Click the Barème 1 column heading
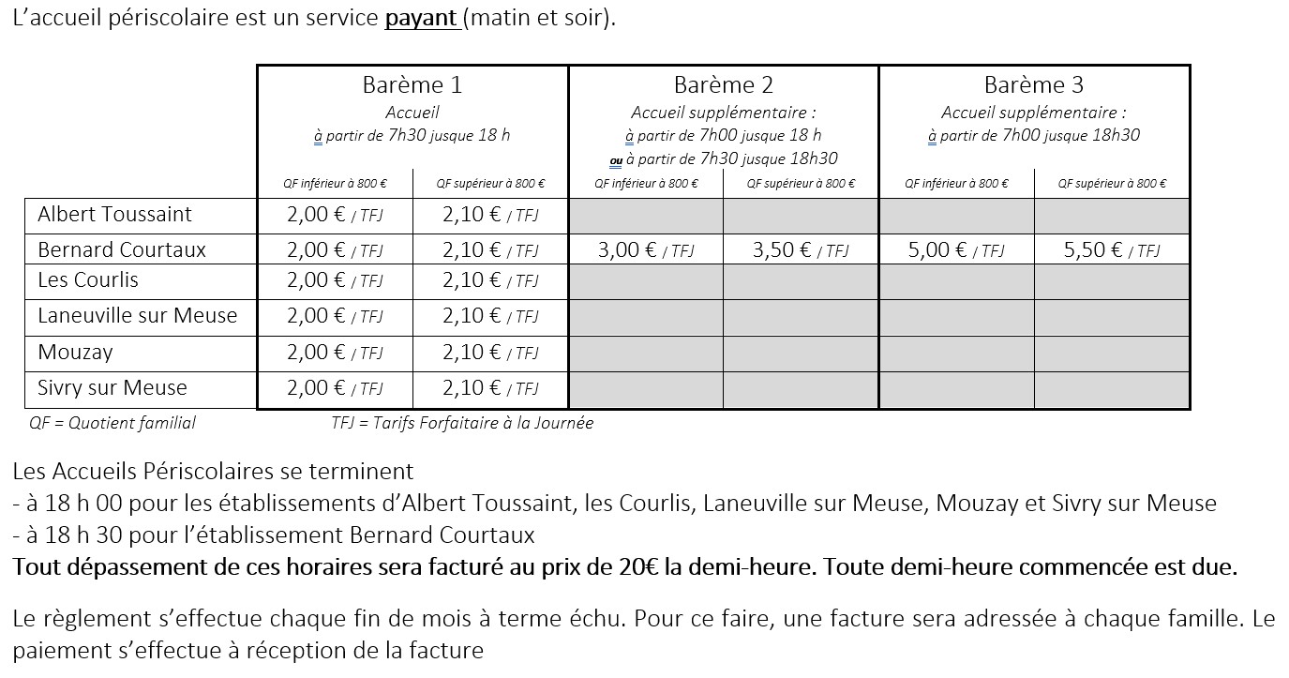click(412, 85)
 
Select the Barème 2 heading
click(723, 85)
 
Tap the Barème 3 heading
click(1033, 85)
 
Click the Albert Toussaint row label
click(114, 215)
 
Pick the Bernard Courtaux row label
click(122, 250)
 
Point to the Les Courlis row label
click(88, 280)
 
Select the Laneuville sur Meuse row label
click(137, 316)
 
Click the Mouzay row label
click(75, 353)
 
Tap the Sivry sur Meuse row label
click(112, 388)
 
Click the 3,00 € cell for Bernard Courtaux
click(645, 250)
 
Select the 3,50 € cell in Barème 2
click(800, 250)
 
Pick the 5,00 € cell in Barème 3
click(955, 250)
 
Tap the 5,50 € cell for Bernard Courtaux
click(1111, 250)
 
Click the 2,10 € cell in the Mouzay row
click(489, 353)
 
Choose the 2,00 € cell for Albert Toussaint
click(334, 215)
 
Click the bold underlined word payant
click(421, 19)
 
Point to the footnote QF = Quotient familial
click(112, 423)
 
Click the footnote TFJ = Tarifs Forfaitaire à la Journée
click(462, 423)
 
